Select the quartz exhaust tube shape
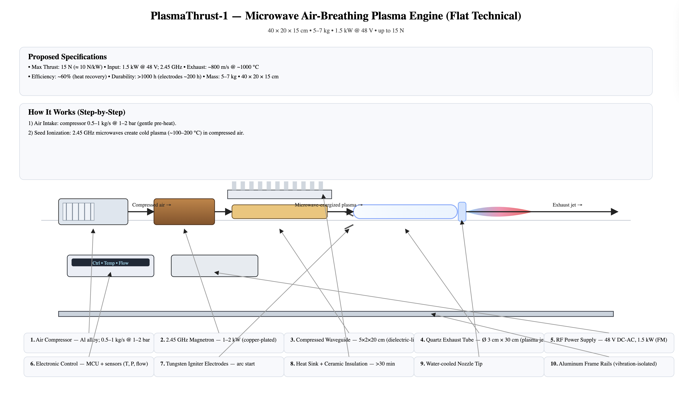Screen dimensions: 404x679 [405, 212]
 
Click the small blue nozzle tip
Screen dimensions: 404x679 [462, 212]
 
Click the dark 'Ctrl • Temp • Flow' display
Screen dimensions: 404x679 [110, 262]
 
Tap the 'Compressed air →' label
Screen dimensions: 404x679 [151, 205]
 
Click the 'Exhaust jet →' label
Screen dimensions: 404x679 [567, 205]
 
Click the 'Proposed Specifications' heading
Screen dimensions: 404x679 [67, 57]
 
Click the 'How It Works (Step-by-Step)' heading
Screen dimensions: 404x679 [77, 112]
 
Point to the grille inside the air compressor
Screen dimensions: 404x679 [78, 212]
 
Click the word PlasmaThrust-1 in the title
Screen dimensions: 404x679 [189, 16]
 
